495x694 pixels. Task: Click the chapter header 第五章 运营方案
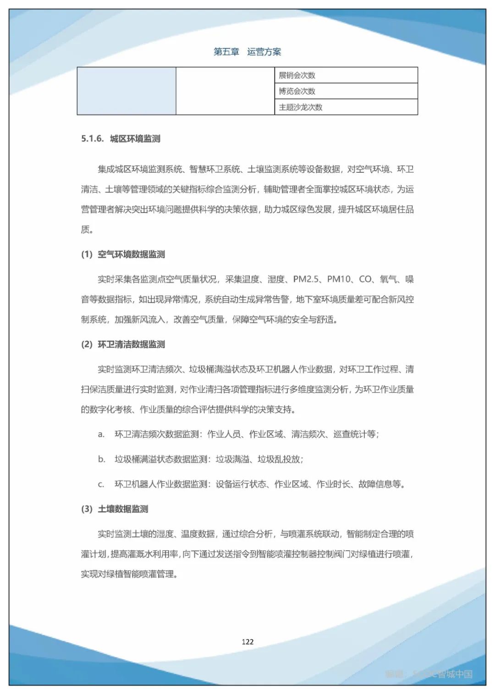[x=247, y=52]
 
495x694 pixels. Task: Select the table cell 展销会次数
[x=297, y=75]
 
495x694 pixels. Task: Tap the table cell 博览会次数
[x=297, y=91]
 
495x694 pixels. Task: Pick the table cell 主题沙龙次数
[x=301, y=107]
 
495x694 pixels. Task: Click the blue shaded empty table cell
[x=126, y=91]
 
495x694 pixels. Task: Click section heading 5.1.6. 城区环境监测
[x=121, y=139]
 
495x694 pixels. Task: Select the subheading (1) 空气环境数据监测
[x=123, y=254]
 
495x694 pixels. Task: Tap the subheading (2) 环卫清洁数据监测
[x=123, y=344]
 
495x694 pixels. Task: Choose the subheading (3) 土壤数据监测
[x=115, y=509]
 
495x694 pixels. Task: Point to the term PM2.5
[x=306, y=279]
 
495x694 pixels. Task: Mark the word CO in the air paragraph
[x=365, y=279]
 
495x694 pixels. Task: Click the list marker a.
[x=101, y=434]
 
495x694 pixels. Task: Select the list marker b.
[x=101, y=459]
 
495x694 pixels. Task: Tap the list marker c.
[x=101, y=484]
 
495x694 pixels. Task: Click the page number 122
[x=247, y=642]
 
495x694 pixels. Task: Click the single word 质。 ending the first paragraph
[x=87, y=230]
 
